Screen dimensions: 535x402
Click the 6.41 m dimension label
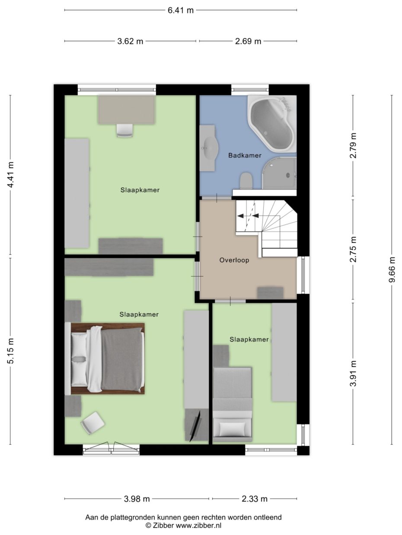[x=181, y=10]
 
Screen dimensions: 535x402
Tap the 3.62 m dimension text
[x=130, y=41]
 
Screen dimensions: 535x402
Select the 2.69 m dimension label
[x=248, y=41]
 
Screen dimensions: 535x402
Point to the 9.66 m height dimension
[x=392, y=270]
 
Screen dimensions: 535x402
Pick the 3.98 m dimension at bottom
[x=137, y=499]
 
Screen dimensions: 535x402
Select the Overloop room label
[x=234, y=260]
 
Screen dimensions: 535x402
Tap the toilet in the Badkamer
[x=246, y=180]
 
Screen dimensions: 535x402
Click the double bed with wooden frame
[x=107, y=359]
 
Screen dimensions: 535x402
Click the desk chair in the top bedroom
[x=124, y=130]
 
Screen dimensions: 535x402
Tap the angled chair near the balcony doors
[x=93, y=422]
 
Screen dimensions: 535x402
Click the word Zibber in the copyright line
[x=163, y=525]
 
